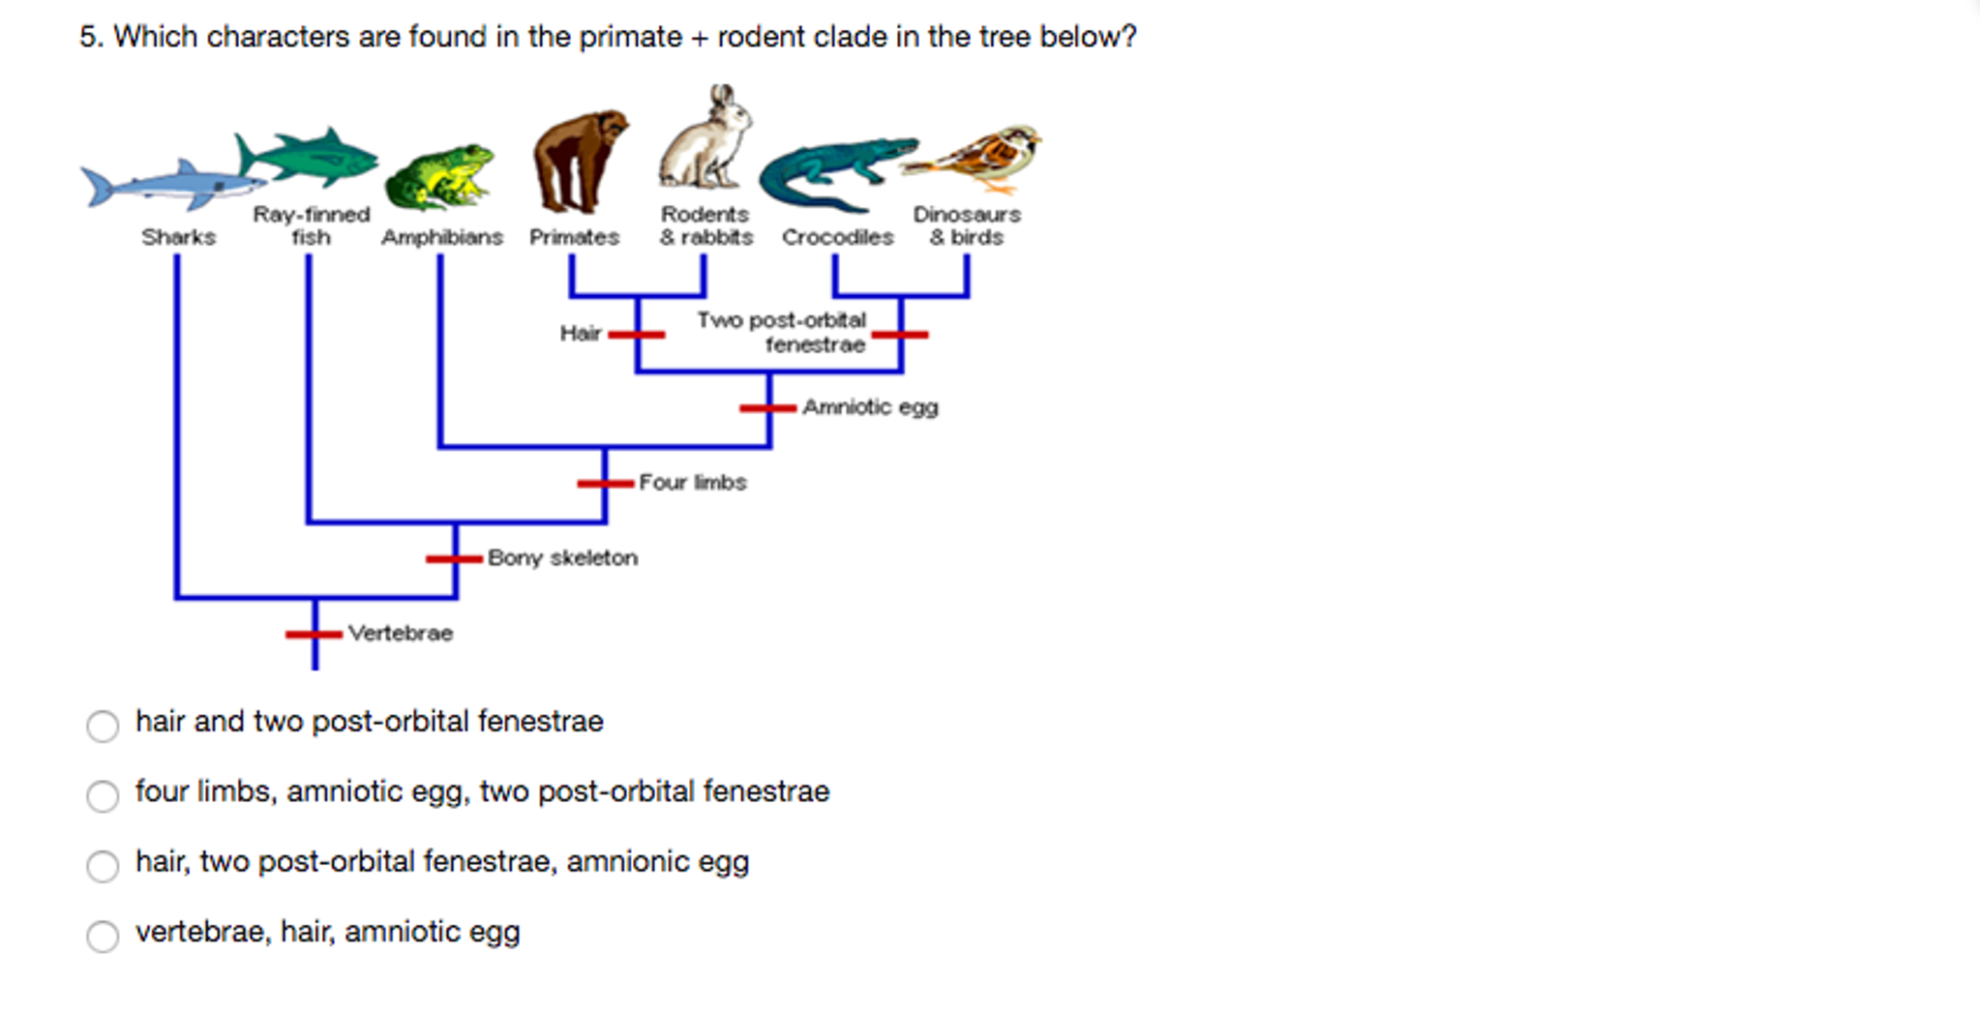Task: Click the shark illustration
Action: pyautogui.click(x=169, y=184)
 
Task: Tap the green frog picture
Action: pyautogui.click(x=439, y=177)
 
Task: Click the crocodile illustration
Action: pyautogui.click(x=834, y=172)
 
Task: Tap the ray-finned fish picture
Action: pyautogui.click(x=308, y=158)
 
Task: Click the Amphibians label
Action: pyautogui.click(x=442, y=237)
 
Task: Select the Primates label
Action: pyautogui.click(x=574, y=237)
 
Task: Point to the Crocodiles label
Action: pyautogui.click(x=838, y=237)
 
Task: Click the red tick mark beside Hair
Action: pyautogui.click(x=637, y=335)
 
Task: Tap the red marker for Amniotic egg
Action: pyautogui.click(x=768, y=408)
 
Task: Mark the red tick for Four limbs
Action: pyautogui.click(x=606, y=483)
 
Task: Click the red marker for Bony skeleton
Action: pyautogui.click(x=454, y=558)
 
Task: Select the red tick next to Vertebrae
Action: pyautogui.click(x=314, y=635)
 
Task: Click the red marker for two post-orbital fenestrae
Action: pyautogui.click(x=900, y=335)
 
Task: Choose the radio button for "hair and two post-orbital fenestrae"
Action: pyautogui.click(x=103, y=726)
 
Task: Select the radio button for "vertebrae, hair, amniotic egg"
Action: pyautogui.click(x=103, y=936)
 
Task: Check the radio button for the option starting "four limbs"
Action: pyautogui.click(x=103, y=795)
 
